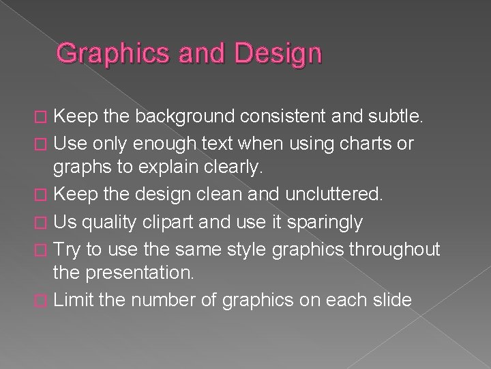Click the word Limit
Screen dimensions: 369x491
click(73, 299)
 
